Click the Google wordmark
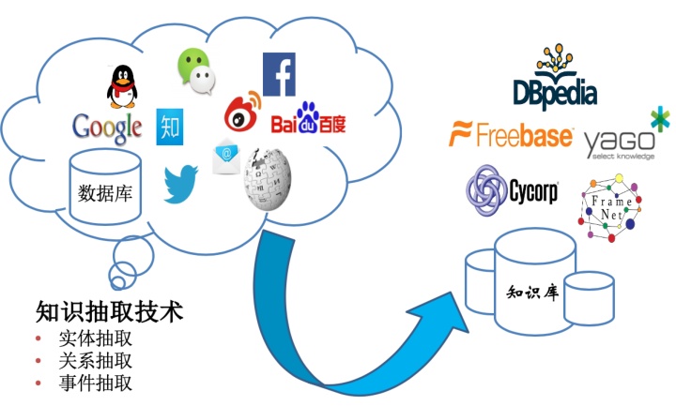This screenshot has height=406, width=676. coord(107,125)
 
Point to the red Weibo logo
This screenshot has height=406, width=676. coord(243,113)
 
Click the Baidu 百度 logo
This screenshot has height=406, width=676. coord(308,123)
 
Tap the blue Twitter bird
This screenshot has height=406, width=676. coord(181,184)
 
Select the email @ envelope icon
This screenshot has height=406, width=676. coord(226,157)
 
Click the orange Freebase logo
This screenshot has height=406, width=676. coord(512,135)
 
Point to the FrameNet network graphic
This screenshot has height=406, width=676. coord(611,207)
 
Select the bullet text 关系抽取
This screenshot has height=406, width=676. coord(94,360)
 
